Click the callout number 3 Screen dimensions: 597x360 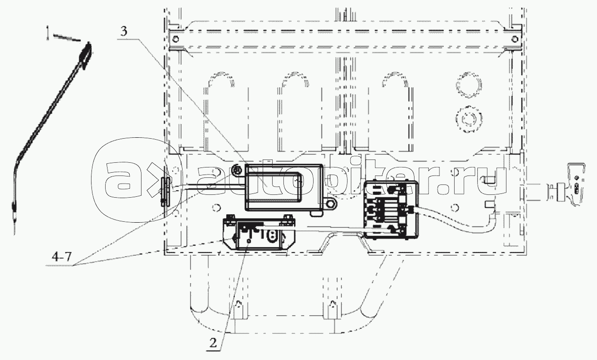[x=124, y=32]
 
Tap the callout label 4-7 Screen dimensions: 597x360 [x=62, y=257]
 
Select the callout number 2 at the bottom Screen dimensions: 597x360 [x=213, y=343]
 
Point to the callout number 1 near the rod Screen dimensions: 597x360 [x=48, y=33]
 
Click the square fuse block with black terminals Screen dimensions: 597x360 [x=391, y=209]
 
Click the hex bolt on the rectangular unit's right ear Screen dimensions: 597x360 [x=331, y=204]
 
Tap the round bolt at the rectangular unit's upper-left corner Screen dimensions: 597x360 [x=236, y=170]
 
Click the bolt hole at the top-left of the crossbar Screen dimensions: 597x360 [x=175, y=40]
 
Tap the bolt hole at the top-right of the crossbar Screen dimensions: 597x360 [x=515, y=40]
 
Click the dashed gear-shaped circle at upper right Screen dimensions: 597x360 [x=469, y=119]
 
